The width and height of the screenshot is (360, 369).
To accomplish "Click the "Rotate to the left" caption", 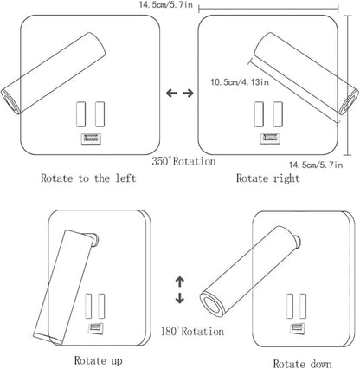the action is tap(88, 178).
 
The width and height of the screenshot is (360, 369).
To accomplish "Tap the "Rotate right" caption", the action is tap(268, 178).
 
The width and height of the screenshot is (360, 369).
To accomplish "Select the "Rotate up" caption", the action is tap(99, 360).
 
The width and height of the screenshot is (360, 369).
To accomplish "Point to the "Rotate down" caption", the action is tap(302, 364).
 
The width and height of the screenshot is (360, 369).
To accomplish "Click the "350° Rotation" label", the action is tap(183, 161).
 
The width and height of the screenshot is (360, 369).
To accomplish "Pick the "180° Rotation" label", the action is tap(192, 331).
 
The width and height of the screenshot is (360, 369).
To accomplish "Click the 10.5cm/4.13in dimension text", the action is tap(240, 82).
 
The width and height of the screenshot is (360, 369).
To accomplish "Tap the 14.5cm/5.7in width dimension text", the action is tap(166, 5).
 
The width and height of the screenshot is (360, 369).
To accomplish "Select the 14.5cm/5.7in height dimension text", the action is tap(316, 165).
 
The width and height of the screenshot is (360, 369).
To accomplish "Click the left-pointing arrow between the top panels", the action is tap(171, 93).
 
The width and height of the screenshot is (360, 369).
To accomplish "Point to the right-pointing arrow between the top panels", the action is tap(188, 93).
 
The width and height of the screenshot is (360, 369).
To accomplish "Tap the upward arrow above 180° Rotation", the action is tap(180, 282).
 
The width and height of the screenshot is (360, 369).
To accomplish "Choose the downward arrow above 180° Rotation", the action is tap(180, 298).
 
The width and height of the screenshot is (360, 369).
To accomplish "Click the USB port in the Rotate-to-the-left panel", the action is tap(91, 139).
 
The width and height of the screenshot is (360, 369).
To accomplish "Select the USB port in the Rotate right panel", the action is tap(270, 139).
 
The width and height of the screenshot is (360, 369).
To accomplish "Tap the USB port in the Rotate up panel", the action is tap(96, 328).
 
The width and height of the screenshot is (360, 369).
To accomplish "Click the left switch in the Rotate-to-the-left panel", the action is tap(81, 114).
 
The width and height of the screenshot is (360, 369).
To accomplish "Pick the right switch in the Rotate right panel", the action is tap(278, 114).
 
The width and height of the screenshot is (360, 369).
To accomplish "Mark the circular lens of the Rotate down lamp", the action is tap(212, 304).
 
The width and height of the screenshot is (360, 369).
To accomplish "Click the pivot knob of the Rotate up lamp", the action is tap(95, 240).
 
